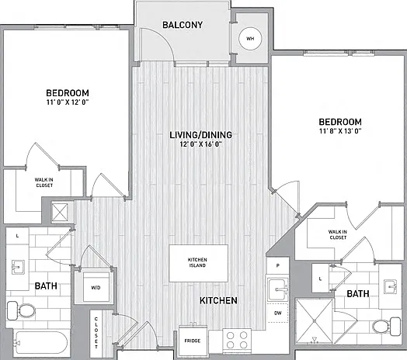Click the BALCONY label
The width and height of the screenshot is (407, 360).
pos(183,25)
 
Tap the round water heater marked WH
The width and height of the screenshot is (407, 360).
pos(250,39)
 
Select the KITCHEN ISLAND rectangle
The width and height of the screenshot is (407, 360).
pos(198,263)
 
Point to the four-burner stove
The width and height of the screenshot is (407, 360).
pos(237,340)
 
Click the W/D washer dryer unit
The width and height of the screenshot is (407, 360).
pos(96,287)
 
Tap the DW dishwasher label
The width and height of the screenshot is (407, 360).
pos(278,313)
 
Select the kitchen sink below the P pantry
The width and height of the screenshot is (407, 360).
pos(278,289)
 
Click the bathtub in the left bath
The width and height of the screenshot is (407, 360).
pos(40,343)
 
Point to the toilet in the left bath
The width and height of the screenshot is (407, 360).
pos(21,310)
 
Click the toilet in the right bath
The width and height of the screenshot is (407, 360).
pos(387,327)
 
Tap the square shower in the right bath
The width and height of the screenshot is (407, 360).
pos(314,321)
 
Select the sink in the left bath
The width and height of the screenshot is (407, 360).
pos(18,267)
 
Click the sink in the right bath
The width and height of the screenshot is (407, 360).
pos(391,286)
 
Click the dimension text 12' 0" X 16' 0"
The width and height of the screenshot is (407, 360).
pos(200,144)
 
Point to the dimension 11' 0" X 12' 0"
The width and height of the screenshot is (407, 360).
pos(68,102)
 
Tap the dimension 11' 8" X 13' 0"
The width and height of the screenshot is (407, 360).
pos(340,130)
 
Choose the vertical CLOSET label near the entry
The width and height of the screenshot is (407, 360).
pos(96,333)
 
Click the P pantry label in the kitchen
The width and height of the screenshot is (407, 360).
pos(278,265)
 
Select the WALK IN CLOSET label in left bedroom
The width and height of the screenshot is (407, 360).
pos(44,182)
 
